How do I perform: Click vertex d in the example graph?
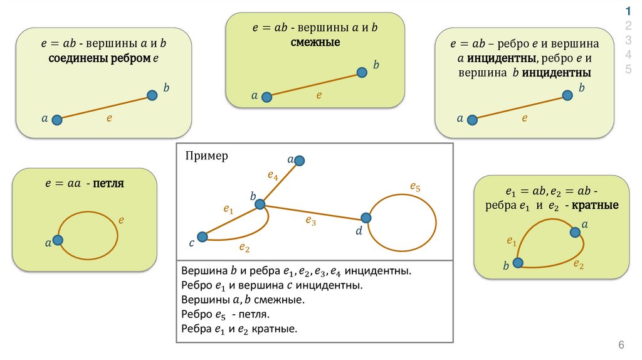click(x=366, y=218)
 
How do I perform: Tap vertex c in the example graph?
click(x=202, y=236)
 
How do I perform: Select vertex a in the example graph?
click(x=300, y=161)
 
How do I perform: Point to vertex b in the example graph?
click(x=260, y=204)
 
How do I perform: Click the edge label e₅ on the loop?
click(x=415, y=186)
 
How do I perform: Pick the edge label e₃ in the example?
click(x=311, y=220)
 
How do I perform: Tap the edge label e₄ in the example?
click(x=273, y=176)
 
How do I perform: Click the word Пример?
click(x=207, y=156)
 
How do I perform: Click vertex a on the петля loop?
click(x=58, y=240)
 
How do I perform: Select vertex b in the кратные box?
click(x=518, y=263)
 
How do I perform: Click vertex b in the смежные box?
click(x=362, y=73)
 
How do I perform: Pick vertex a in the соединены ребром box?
click(x=56, y=120)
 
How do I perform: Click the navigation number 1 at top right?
click(x=628, y=10)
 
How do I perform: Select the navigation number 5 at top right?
click(x=628, y=68)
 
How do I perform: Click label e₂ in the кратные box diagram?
click(x=579, y=265)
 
